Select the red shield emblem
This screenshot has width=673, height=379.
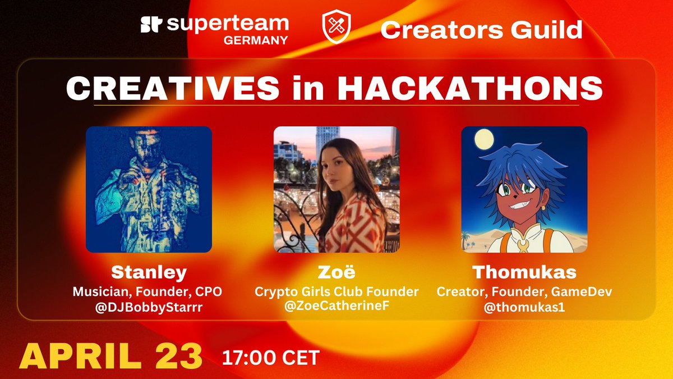pyautogui.click(x=335, y=28)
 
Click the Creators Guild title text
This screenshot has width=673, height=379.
pyautogui.click(x=481, y=30)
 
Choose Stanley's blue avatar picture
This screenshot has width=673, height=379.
pyautogui.click(x=149, y=189)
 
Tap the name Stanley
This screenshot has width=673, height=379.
pyautogui.click(x=149, y=272)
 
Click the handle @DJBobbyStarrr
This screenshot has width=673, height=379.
pyautogui.click(x=149, y=307)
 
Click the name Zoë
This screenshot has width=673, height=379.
pyautogui.click(x=336, y=272)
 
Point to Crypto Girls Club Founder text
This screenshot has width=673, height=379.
pyautogui.click(x=336, y=292)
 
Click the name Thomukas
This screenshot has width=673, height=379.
pyautogui.click(x=524, y=272)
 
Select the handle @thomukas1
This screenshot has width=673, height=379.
pyautogui.click(x=524, y=307)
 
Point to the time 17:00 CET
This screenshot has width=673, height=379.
pyautogui.click(x=271, y=355)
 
